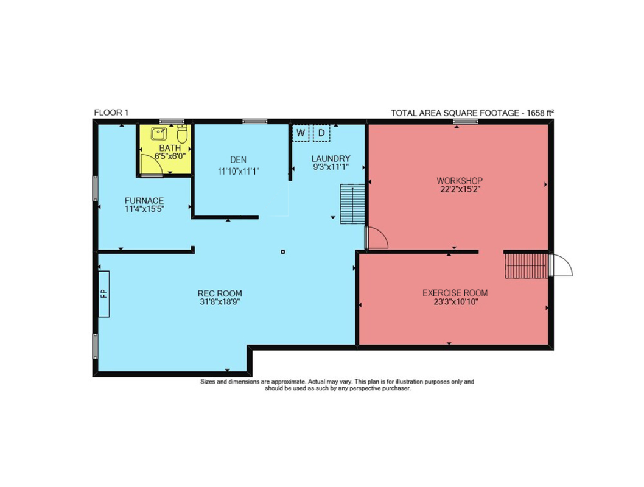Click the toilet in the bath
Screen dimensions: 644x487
[183, 133]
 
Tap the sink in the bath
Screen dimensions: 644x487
[158, 133]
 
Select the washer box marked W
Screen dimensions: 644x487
[301, 133]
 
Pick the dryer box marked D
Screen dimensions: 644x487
[321, 133]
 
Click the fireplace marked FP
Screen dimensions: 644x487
[103, 293]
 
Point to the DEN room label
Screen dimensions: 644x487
[238, 159]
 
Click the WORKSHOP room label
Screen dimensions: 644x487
[460, 181]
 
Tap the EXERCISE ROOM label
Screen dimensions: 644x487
[455, 293]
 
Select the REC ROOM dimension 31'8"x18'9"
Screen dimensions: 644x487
[220, 302]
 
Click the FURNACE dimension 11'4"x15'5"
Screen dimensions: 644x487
[144, 209]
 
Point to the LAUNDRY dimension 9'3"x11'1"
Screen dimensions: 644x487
[331, 167]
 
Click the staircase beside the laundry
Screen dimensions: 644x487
[352, 204]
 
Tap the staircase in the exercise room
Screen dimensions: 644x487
[526, 265]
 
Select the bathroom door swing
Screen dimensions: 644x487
[151, 165]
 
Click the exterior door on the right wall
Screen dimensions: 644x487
[561, 265]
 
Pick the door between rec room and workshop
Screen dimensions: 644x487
[377, 237]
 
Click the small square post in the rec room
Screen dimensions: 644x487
[282, 251]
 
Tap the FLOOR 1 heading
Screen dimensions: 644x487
[111, 113]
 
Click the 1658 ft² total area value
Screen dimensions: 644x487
[541, 113]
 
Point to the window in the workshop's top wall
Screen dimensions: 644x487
[465, 122]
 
